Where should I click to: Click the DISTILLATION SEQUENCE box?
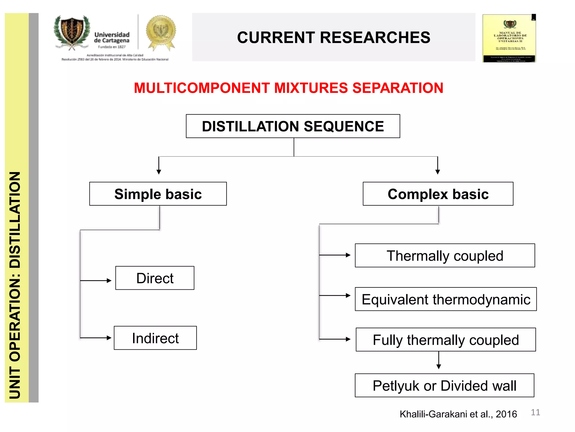pos(293,126)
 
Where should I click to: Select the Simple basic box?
pos(158,194)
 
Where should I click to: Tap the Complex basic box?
pos(438,194)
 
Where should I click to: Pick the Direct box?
pos(155,278)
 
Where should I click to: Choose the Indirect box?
pos(155,338)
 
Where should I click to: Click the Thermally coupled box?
pos(445,256)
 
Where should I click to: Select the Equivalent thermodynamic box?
pos(446,299)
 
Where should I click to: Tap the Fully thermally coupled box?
pos(446,340)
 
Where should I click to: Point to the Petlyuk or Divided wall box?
pos(444,386)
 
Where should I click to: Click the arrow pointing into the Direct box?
pos(97,281)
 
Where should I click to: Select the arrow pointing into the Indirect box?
pos(97,338)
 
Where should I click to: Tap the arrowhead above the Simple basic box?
pos(159,172)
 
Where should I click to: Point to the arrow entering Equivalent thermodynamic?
pos(336,296)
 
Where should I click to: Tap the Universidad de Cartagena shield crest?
pos(72,32)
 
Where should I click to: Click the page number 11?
pos(535,412)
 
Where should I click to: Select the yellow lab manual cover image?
pos(509,38)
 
